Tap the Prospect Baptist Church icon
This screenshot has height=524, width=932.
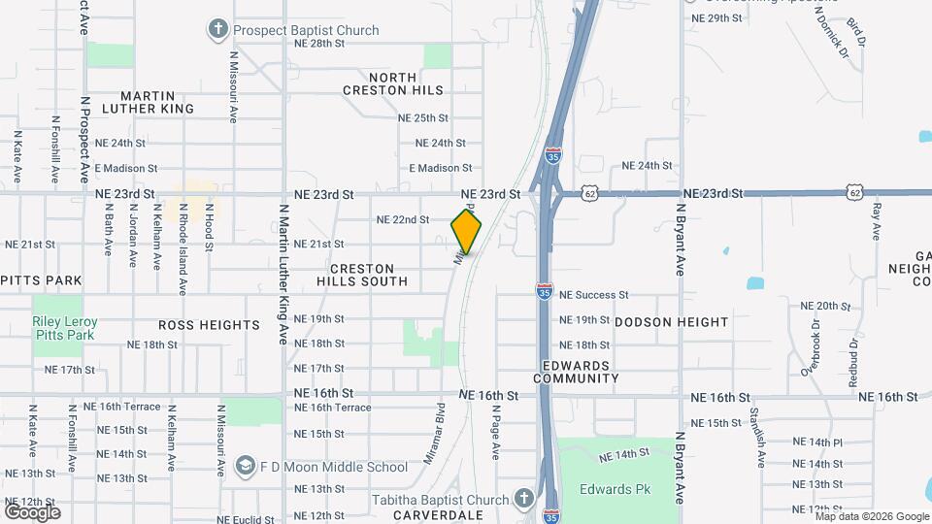point(217,30)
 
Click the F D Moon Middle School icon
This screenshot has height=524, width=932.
point(245,467)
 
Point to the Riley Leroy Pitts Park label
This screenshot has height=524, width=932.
point(65,328)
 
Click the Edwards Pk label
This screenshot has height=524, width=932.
point(616,489)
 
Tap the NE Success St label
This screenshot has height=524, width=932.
point(594,295)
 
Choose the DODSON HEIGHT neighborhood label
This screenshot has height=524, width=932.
point(671,322)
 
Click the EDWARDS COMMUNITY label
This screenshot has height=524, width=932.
point(577,372)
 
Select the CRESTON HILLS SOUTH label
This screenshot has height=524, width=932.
point(362,275)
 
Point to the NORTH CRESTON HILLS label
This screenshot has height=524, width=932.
point(392,83)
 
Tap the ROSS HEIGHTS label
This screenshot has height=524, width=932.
point(209,326)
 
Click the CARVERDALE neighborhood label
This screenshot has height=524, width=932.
point(432,515)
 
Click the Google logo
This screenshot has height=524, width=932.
point(32,511)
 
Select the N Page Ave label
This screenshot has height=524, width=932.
point(495,432)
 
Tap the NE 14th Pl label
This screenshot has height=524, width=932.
point(817,442)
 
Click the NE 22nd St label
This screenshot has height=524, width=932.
point(402,220)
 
